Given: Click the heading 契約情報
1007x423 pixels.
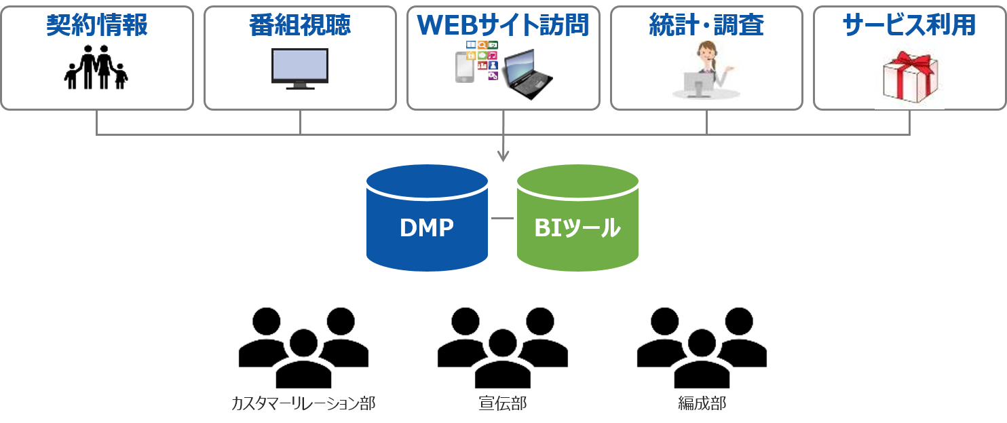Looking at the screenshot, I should point(97,25).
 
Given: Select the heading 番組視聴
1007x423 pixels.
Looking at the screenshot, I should point(300,25).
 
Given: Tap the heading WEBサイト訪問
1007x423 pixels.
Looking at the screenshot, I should point(503,25).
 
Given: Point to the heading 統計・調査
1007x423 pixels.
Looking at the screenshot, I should point(706,25).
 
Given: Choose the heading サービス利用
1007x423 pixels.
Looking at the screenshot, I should point(909,25).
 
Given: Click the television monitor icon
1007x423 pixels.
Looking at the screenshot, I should point(300,69).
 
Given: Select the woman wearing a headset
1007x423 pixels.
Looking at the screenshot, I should point(706,70).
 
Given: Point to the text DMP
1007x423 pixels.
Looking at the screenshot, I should point(427,228).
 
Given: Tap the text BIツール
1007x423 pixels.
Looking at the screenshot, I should point(577,228).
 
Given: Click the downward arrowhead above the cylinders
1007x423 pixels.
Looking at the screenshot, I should point(503,157).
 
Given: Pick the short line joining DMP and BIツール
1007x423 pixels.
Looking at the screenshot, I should point(502,219).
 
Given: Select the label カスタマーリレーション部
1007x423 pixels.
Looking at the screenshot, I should point(303,404).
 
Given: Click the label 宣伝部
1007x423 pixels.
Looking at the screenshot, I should point(503,404).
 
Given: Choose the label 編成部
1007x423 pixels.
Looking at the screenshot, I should point(702,404).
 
